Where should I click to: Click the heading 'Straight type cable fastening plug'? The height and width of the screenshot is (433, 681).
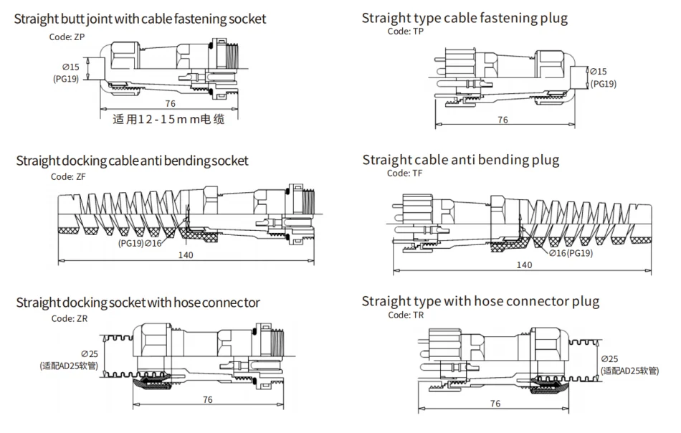pos(465,18)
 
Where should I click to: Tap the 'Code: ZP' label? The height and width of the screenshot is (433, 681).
pos(70,35)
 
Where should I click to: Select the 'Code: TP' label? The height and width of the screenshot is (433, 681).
pos(406,32)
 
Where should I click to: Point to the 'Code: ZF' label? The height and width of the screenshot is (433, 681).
pos(70,176)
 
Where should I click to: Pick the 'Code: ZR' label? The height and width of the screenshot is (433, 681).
pos(70,318)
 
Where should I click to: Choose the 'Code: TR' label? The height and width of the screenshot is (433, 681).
pos(406,315)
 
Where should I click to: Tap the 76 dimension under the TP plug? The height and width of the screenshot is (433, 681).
pos(503,120)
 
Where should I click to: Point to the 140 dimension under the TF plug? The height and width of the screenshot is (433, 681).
pos(524,265)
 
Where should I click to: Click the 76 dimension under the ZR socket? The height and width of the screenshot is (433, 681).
pos(207,399)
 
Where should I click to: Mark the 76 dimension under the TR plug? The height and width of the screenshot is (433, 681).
pos(495,404)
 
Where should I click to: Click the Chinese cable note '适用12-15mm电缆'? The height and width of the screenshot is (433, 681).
pos(169,120)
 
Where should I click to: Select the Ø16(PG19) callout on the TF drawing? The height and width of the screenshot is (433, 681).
pos(572,253)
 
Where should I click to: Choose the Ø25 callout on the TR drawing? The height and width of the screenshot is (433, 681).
pos(610,358)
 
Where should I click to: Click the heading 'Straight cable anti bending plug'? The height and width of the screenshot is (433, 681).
pos(460,159)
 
